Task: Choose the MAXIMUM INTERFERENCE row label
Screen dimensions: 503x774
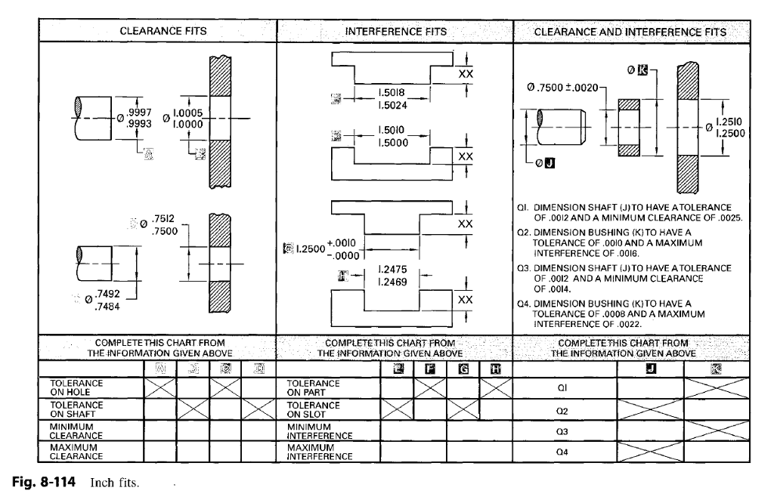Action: pyautogui.click(x=319, y=452)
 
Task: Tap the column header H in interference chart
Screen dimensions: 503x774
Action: pyautogui.click(x=496, y=369)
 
